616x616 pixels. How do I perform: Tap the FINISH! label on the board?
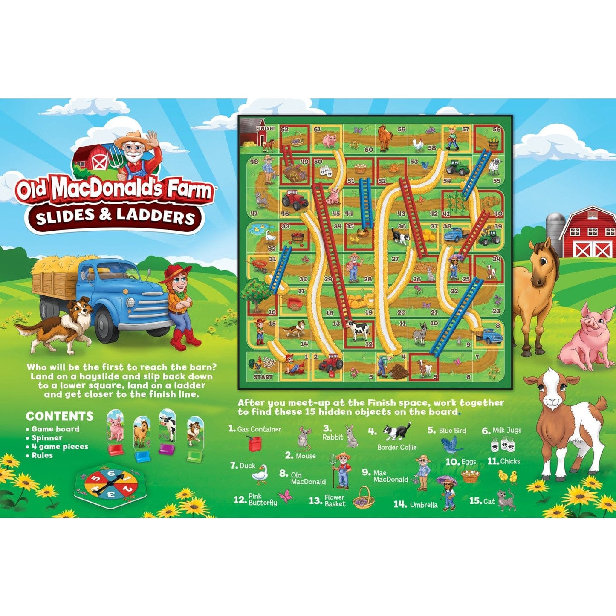pos(265,128)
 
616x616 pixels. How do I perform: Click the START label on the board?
pos(263,377)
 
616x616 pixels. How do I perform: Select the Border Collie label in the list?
pos(396,447)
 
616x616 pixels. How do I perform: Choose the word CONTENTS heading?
pos(60,416)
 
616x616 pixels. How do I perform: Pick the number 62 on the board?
pos(284,129)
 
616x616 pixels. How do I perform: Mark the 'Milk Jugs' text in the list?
pos(507,430)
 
